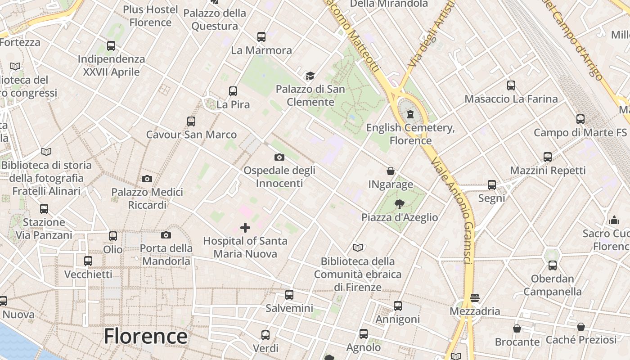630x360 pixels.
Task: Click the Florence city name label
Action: point(145,337)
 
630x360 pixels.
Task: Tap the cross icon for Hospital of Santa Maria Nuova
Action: point(245,228)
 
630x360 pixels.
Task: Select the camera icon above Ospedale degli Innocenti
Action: point(279,157)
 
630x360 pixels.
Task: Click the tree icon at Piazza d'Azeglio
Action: point(399,204)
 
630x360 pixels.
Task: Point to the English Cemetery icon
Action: point(410,114)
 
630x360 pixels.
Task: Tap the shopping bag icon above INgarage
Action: point(391,171)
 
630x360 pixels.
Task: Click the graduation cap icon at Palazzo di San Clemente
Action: point(310,76)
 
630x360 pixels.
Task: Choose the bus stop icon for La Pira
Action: point(233,91)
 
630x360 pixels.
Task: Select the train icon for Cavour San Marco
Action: point(191,121)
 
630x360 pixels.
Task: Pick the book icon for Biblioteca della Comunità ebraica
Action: point(358,247)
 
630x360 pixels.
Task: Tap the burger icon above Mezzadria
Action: point(474,297)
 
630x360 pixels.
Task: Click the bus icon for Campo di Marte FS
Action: point(580,119)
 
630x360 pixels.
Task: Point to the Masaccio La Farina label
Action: point(511,99)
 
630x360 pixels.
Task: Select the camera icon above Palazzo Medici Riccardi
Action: point(147,179)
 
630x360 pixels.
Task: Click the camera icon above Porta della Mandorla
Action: point(166,235)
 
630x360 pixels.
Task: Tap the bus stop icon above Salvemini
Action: point(289,295)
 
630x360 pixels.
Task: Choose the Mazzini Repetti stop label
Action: point(548,171)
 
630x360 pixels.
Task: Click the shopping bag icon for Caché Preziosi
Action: point(581,326)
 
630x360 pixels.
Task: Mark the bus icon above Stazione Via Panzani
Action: point(44,209)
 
